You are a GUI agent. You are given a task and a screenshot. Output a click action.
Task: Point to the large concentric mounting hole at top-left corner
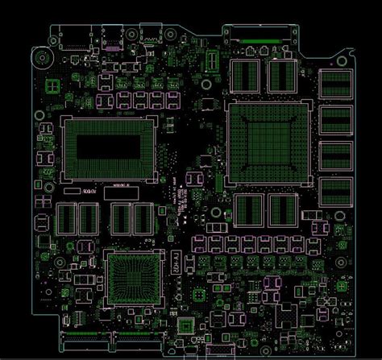(38, 57)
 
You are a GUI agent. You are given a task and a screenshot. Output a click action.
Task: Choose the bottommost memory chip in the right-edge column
(334, 191)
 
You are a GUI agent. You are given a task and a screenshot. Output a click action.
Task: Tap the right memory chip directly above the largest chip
(280, 76)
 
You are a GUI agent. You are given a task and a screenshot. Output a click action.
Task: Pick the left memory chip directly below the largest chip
(247, 209)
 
